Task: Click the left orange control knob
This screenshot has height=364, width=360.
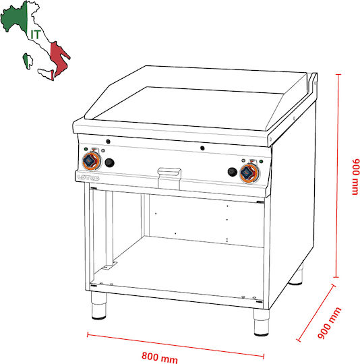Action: point(92,161)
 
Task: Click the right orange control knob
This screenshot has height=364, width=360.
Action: point(249,173)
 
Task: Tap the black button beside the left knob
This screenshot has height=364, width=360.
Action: point(109,162)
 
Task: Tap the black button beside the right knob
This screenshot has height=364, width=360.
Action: point(233,172)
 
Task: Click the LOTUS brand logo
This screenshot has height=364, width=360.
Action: point(88,177)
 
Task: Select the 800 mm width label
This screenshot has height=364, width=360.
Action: point(160,357)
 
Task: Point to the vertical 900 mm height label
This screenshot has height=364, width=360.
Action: point(356,177)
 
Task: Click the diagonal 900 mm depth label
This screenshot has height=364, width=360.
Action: point(329,323)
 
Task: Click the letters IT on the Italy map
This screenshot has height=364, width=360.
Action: point(36,34)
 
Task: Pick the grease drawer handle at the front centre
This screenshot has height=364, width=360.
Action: point(169,172)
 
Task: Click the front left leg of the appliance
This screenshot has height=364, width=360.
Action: point(98,305)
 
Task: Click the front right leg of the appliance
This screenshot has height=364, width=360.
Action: point(262,322)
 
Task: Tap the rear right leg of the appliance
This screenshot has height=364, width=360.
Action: point(296,275)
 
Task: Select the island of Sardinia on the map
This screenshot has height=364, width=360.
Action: point(28,61)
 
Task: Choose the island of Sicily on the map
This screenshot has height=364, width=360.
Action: point(47,74)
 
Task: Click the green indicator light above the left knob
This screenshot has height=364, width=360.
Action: point(86,149)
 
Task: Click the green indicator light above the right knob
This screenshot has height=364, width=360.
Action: point(261,161)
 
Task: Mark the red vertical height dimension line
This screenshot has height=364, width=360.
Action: point(338,176)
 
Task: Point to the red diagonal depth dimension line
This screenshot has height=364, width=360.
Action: point(316,313)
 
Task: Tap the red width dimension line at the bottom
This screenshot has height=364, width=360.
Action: point(175,345)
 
